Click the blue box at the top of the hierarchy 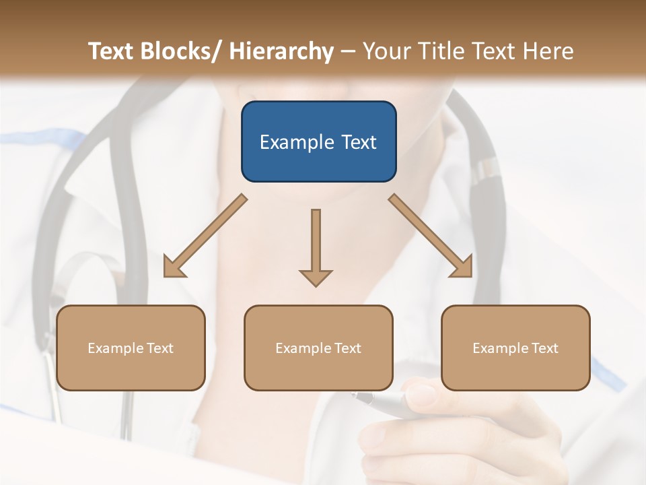tap(318, 141)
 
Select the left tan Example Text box tap(131, 348)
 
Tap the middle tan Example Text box tap(318, 348)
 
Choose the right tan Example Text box tap(515, 348)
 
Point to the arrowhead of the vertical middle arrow tap(316, 278)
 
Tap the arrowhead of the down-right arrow tap(463, 267)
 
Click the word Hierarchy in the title tap(281, 51)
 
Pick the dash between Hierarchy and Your tap(348, 51)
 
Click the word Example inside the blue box tap(297, 142)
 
